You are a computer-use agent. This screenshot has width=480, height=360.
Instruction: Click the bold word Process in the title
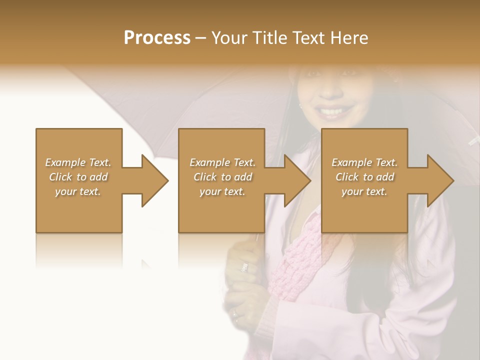click(x=157, y=38)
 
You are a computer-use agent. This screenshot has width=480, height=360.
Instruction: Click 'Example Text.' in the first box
click(x=78, y=162)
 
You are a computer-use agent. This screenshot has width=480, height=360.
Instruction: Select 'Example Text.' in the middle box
click(x=222, y=162)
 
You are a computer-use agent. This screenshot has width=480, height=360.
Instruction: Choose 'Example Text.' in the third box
click(x=364, y=162)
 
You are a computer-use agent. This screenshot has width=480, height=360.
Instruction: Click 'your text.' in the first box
click(x=78, y=191)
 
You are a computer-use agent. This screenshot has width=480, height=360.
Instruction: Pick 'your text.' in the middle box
click(x=222, y=191)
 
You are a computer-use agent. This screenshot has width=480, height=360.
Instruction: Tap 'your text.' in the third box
click(x=364, y=191)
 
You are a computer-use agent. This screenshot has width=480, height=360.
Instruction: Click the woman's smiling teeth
click(x=332, y=110)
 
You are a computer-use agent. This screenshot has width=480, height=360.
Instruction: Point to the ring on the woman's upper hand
click(x=244, y=267)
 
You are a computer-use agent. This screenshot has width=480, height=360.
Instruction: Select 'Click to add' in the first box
click(x=78, y=177)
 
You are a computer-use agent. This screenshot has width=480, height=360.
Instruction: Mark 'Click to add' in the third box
click(x=364, y=177)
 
